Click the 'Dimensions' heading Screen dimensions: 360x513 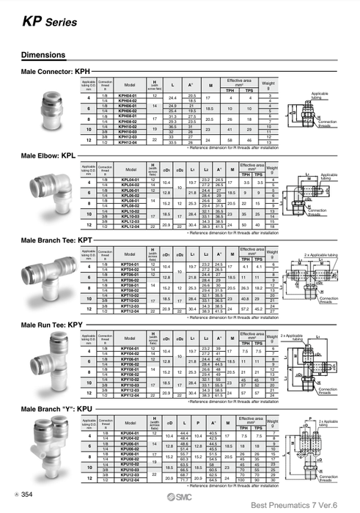point(45,56)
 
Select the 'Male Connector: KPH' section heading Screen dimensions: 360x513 point(51,72)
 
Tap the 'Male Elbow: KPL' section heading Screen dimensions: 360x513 point(48,156)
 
